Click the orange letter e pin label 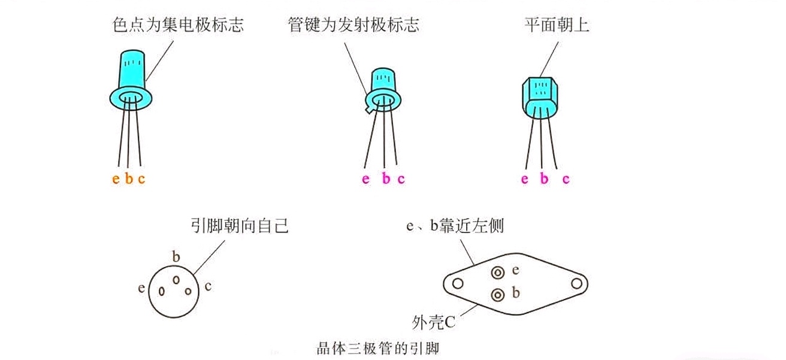coord(116,179)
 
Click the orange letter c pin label coord(141,179)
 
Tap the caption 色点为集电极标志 coord(178,25)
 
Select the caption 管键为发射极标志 coord(353,25)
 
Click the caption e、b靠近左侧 coord(455,226)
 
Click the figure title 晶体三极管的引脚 coord(382,347)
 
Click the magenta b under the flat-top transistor coord(544,179)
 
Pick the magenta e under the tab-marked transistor coord(366,179)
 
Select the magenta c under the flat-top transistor coord(566,179)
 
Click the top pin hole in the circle coord(176,280)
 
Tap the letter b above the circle coord(176,257)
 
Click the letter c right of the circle coord(207,286)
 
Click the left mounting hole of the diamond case coord(458,283)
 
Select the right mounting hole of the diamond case coord(577,283)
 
